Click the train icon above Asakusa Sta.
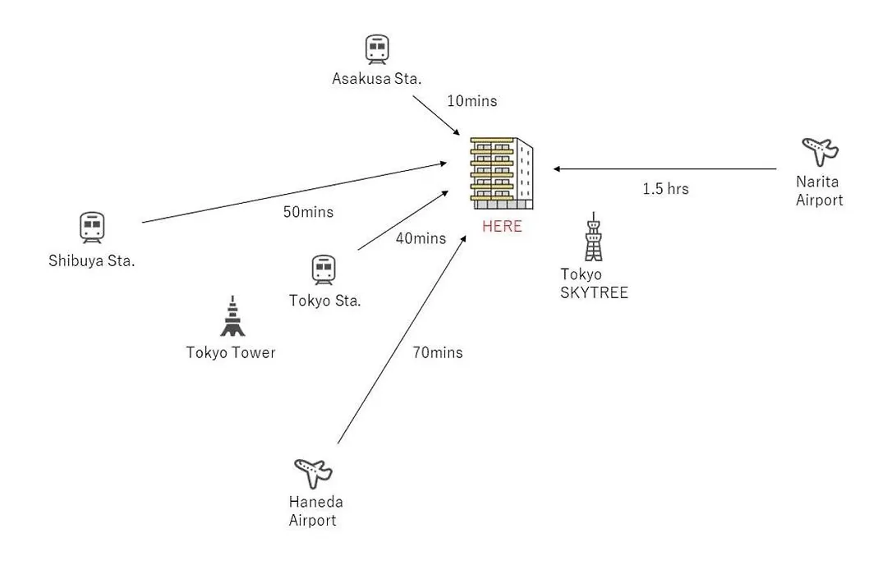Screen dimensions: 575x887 coord(377,49)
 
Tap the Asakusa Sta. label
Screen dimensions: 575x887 coord(377,79)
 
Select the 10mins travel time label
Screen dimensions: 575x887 coord(471,101)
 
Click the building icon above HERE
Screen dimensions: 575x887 coord(501,173)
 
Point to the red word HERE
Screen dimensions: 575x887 coord(502,227)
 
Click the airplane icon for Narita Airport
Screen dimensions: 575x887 coord(820,151)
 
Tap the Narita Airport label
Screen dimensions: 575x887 coord(820,191)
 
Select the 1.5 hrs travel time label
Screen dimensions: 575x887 coord(665,189)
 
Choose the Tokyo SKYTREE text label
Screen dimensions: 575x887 coord(594,283)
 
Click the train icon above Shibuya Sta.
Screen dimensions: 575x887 coord(92,228)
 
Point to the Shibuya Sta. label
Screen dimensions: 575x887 coord(91,262)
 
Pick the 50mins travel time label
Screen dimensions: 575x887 coord(308,212)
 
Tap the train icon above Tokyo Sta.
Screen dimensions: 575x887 coord(324,269)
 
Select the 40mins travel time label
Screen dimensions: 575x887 coord(421,238)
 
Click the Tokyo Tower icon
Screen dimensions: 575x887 coord(232,316)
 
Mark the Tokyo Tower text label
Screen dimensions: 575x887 coord(231,353)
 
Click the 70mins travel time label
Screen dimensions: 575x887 coord(437,353)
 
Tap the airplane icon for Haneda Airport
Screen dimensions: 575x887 coord(313,471)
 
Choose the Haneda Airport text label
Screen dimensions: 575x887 coord(316,511)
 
